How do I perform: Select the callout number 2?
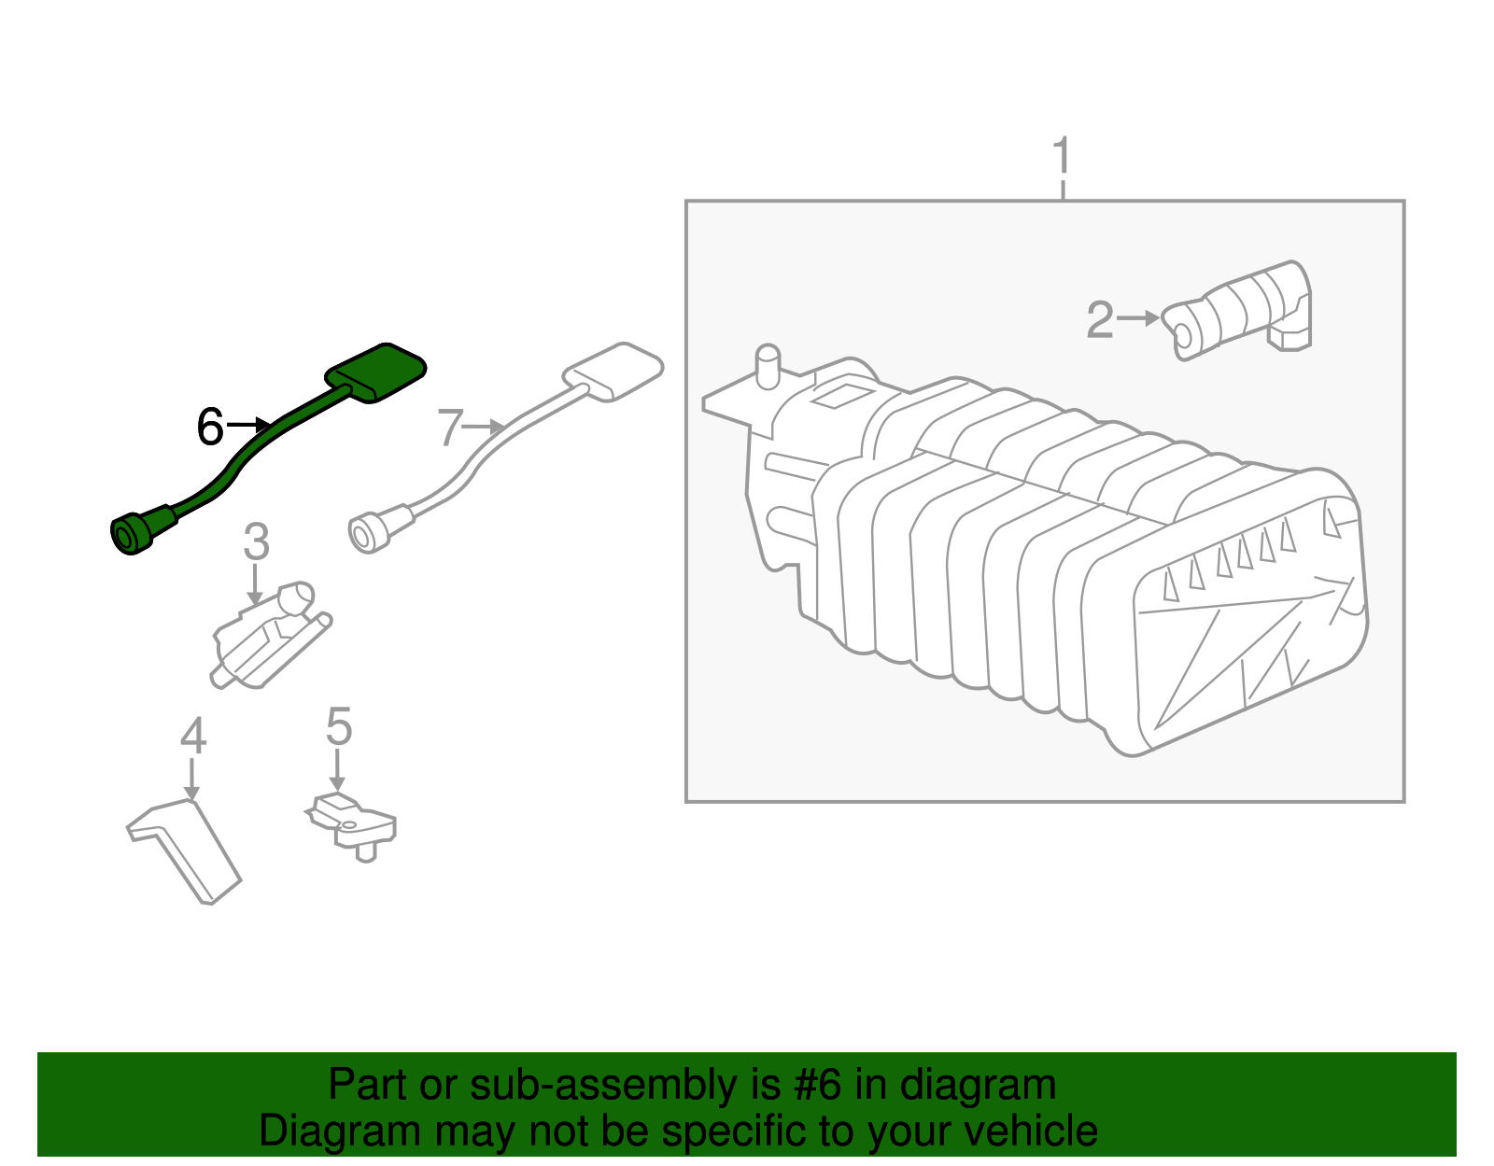point(1100,319)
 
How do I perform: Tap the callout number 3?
point(256,542)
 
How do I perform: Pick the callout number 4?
point(192,737)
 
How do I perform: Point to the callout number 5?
point(338,726)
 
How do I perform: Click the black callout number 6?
point(210,428)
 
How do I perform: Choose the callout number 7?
point(450,428)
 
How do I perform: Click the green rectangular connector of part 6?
point(376,372)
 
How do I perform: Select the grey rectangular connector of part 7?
point(613,371)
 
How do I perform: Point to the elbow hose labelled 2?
point(1242,310)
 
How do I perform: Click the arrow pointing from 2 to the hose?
point(1138,318)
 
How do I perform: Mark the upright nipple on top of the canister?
point(768,366)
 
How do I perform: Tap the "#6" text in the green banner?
point(818,1086)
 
